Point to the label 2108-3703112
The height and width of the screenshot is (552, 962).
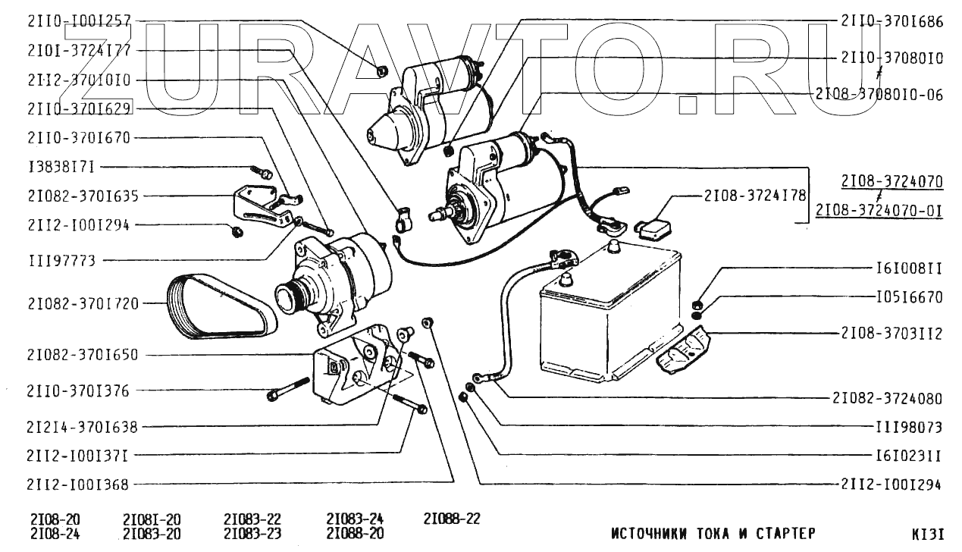click(x=891, y=332)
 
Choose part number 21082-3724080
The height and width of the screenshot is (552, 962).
click(x=887, y=398)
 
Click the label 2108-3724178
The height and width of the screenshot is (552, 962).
click(x=744, y=195)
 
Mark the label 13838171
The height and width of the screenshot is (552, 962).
click(x=61, y=167)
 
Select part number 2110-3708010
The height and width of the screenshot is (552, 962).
click(x=891, y=57)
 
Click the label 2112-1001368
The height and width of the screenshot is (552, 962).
click(x=77, y=484)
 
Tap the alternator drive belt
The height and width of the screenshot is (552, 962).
click(x=215, y=306)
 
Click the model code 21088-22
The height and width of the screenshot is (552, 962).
click(x=452, y=519)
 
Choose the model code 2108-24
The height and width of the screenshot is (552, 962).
click(x=55, y=533)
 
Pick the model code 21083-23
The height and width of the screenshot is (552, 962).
click(x=252, y=533)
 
